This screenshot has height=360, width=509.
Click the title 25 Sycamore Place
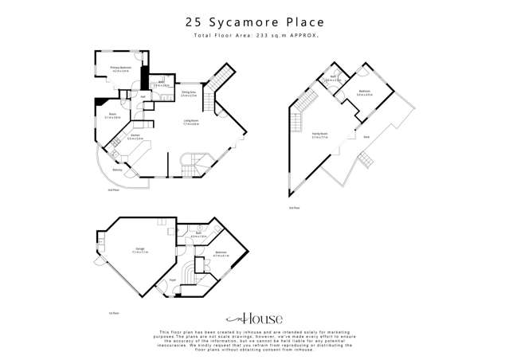click(254, 24)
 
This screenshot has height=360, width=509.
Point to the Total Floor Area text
click(254, 37)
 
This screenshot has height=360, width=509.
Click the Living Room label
click(191, 123)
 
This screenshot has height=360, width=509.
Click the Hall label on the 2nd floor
click(143, 97)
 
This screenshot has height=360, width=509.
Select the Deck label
click(366, 138)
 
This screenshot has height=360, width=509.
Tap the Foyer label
click(172, 280)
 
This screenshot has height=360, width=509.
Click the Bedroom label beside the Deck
click(364, 92)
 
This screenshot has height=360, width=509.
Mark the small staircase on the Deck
click(364, 161)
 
